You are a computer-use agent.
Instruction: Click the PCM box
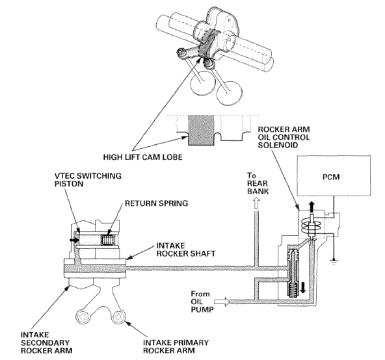(x=334, y=175)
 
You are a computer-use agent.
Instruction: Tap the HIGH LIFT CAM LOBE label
(x=143, y=157)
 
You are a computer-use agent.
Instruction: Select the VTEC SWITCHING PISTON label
(x=88, y=179)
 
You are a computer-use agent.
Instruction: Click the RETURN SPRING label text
(x=156, y=203)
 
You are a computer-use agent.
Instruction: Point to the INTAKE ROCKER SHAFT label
(x=186, y=250)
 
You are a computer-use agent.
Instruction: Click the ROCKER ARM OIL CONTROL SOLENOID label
(x=284, y=137)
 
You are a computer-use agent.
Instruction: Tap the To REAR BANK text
(x=258, y=183)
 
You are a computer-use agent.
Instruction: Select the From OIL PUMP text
(x=202, y=302)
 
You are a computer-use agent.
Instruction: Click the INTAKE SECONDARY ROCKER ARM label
(x=46, y=342)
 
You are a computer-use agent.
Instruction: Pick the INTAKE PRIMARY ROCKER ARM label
(x=176, y=346)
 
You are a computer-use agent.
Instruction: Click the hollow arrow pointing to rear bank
(x=256, y=203)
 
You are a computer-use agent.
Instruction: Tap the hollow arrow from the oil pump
(x=222, y=302)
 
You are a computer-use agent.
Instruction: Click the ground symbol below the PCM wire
(x=334, y=261)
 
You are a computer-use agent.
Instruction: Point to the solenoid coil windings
(x=311, y=225)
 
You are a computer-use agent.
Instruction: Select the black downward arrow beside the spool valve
(x=303, y=287)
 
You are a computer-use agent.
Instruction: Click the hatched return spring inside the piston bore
(x=107, y=240)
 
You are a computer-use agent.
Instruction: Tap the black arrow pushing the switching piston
(x=73, y=240)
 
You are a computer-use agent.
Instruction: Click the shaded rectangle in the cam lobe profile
(x=201, y=130)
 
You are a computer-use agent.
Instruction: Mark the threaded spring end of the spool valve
(x=291, y=290)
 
